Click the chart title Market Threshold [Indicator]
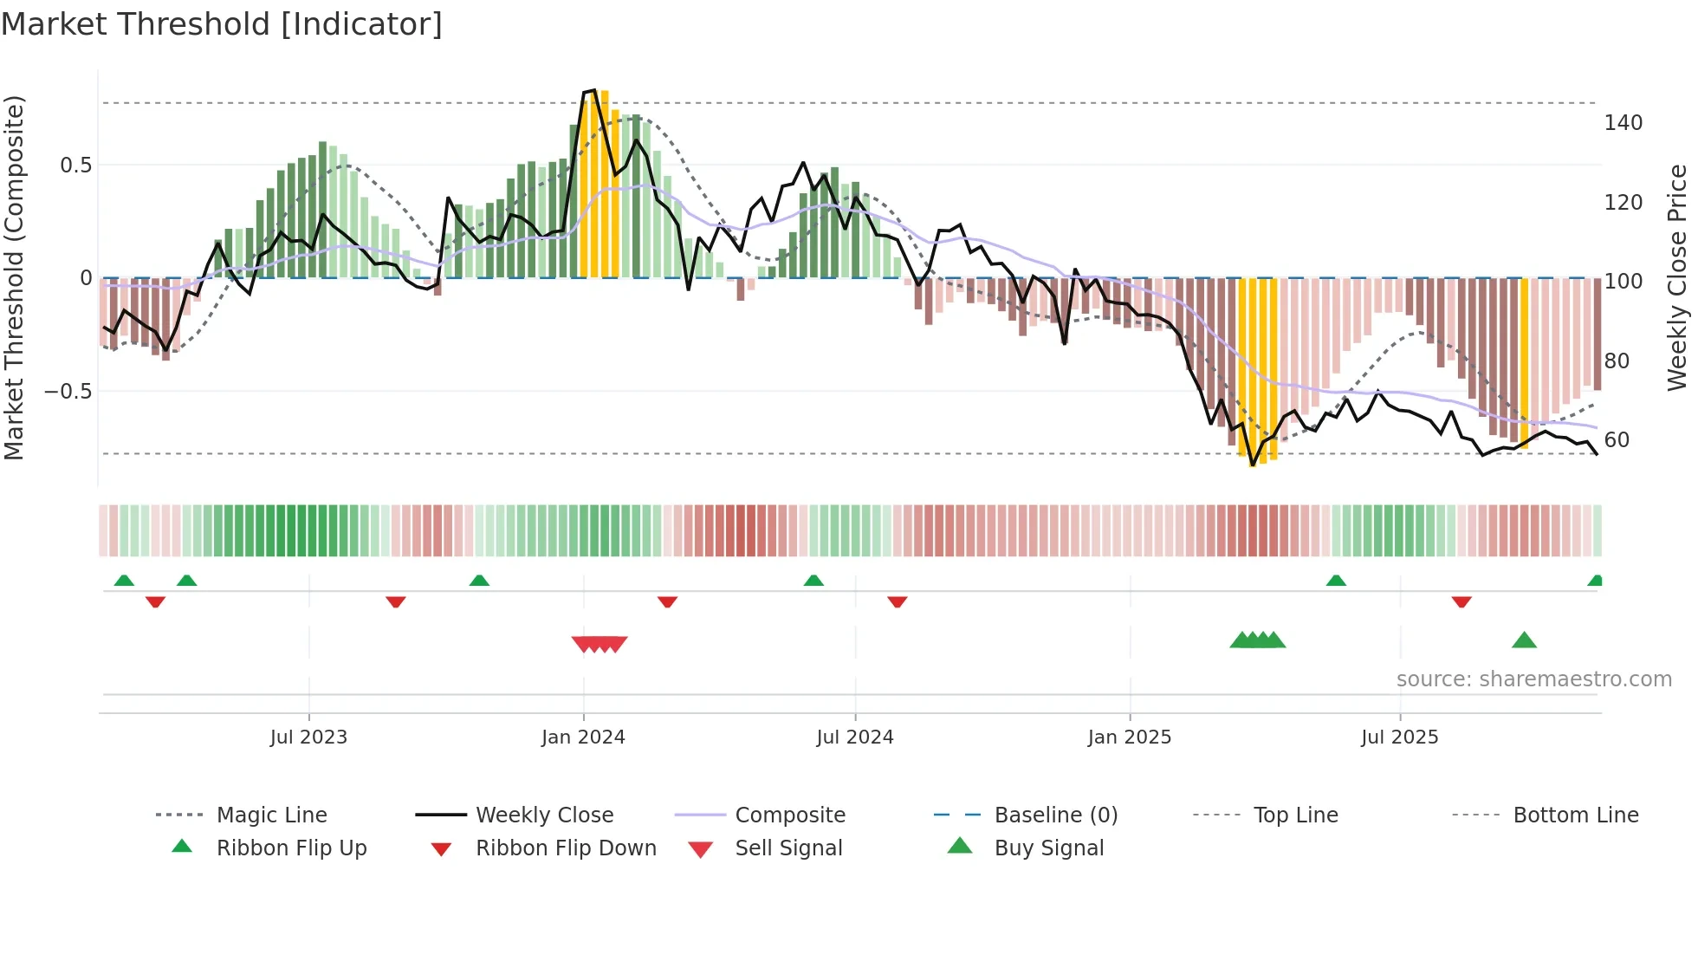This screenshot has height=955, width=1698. click(222, 24)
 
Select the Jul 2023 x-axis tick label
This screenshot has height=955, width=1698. click(308, 737)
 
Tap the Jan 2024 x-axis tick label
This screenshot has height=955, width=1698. click(583, 737)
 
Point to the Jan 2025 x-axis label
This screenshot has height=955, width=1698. click(1130, 737)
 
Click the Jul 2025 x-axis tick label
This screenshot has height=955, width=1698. click(1400, 737)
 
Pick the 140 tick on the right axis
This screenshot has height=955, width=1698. click(1623, 123)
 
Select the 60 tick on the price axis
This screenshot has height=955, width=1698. click(1617, 440)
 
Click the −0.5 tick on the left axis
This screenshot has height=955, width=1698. click(68, 392)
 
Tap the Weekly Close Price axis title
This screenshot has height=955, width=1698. click(1677, 277)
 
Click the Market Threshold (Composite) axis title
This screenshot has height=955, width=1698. click(14, 277)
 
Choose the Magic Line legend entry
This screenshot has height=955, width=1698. click(271, 815)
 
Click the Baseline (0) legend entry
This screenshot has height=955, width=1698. click(1055, 815)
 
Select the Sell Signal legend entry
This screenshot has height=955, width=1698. click(787, 848)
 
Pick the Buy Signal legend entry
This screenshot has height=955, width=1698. click(1048, 848)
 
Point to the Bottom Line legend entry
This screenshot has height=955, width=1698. click(1575, 815)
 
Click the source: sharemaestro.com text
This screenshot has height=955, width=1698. click(1533, 679)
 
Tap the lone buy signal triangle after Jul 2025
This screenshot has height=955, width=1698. click(1524, 640)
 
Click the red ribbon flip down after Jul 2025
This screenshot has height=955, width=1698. click(1461, 601)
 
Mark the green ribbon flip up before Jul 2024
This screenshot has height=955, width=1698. click(813, 581)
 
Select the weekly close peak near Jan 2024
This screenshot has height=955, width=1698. click(593, 90)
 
